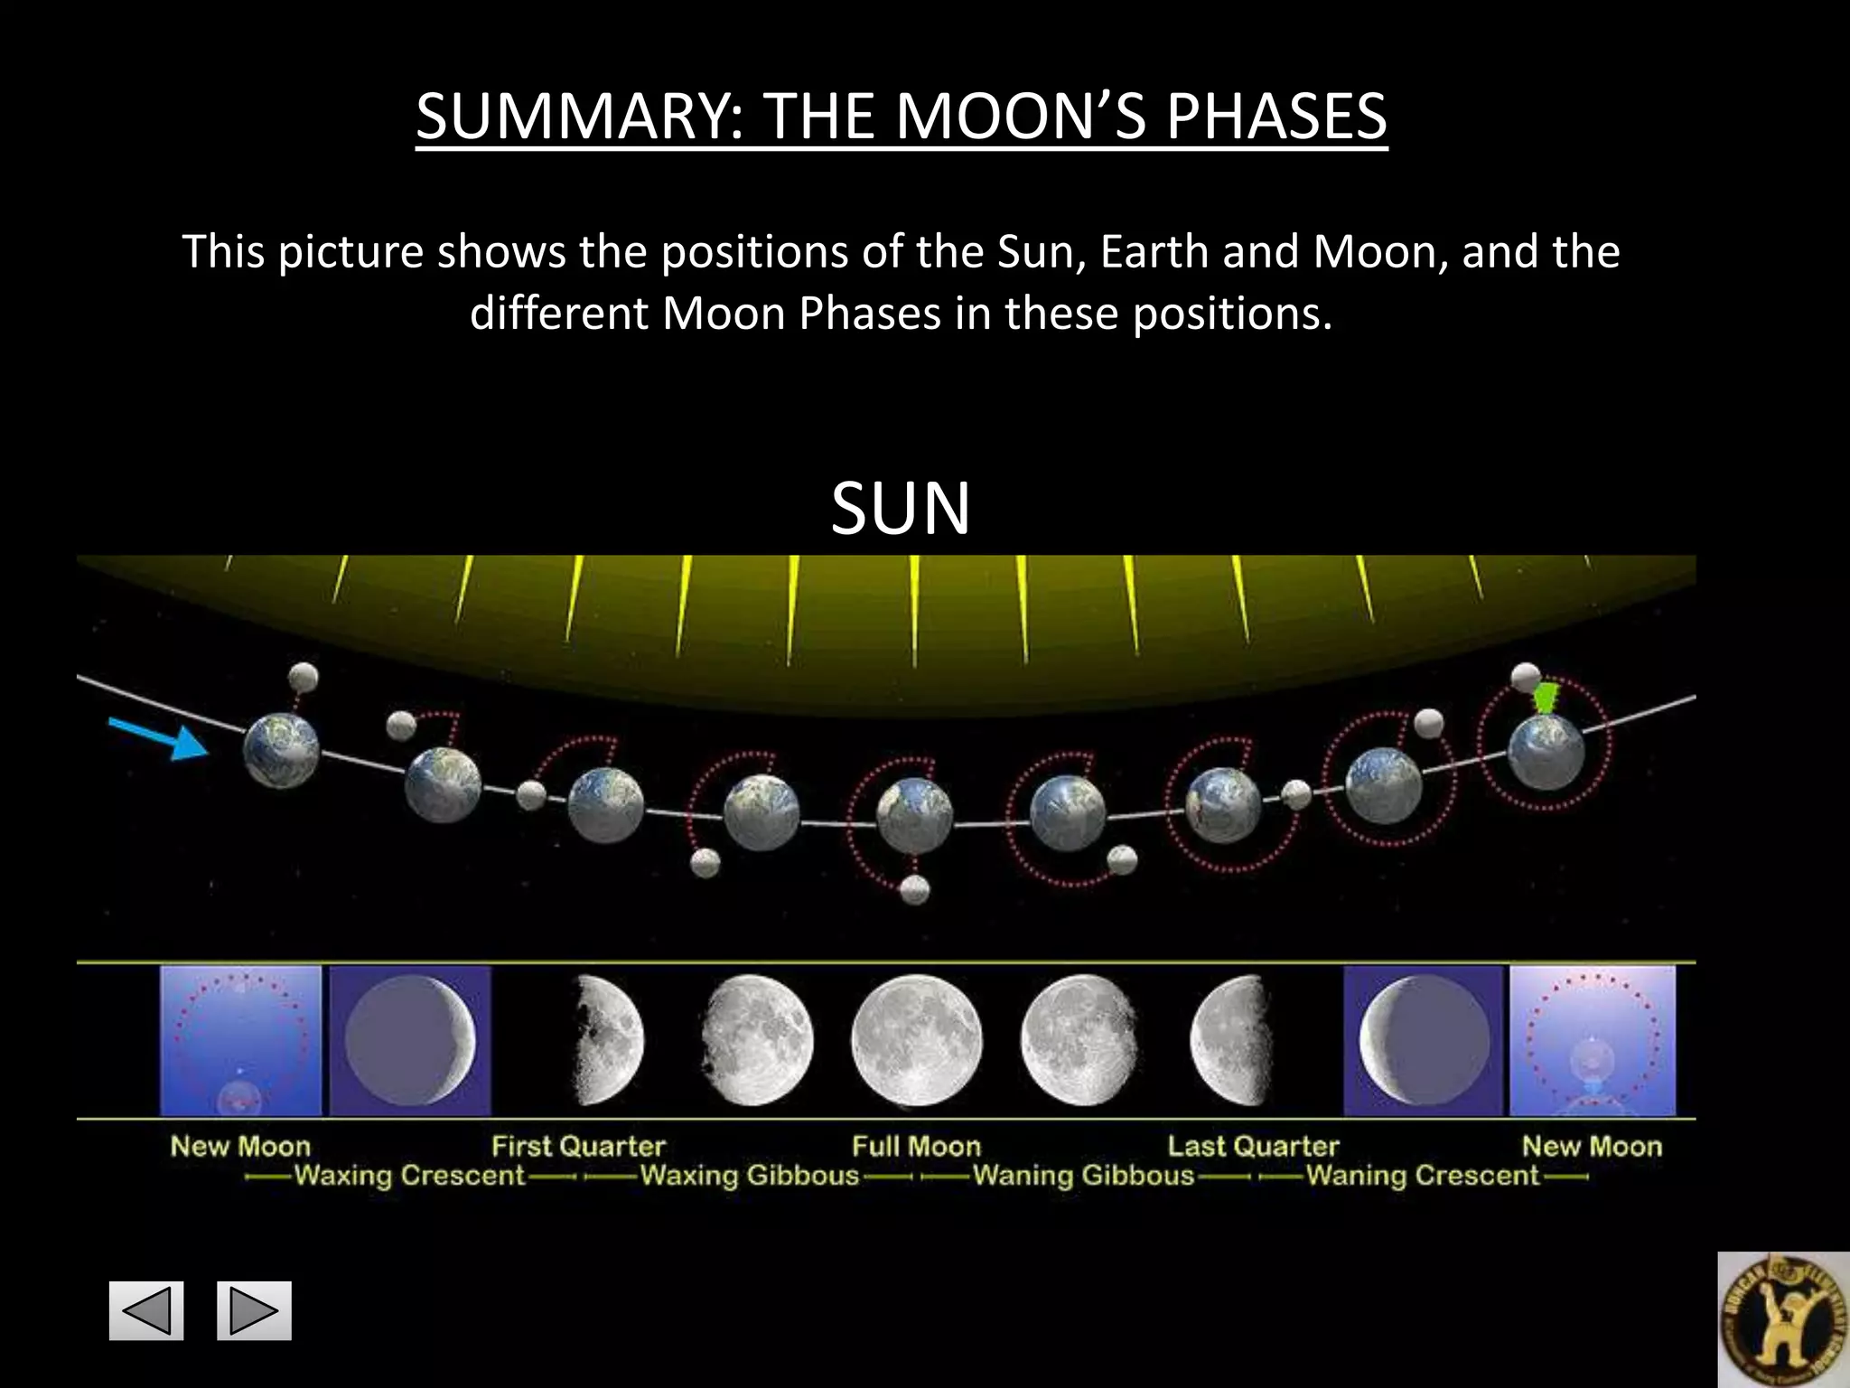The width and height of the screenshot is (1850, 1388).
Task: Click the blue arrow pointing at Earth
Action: tap(159, 738)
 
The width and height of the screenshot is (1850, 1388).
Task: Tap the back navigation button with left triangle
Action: tap(146, 1310)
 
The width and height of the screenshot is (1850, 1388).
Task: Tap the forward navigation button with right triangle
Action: tap(254, 1310)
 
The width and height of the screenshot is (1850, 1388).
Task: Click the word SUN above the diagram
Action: tap(901, 508)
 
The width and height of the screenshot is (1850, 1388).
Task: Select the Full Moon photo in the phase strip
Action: tap(916, 1040)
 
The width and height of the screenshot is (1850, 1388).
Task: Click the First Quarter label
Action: tap(578, 1146)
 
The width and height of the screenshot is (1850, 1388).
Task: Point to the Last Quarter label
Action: tap(1253, 1146)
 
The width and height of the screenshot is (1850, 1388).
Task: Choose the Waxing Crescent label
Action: tap(409, 1176)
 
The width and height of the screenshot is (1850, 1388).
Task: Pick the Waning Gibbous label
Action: tap(1083, 1176)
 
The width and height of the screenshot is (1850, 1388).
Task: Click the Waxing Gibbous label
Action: tap(750, 1176)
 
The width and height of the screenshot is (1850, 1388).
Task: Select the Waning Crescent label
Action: tap(1422, 1176)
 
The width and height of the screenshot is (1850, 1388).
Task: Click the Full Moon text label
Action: tap(916, 1146)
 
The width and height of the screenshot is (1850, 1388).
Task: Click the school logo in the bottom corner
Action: tap(1782, 1319)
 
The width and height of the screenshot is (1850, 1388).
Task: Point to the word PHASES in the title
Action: tap(1275, 117)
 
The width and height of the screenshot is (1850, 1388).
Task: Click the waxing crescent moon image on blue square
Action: tap(410, 1040)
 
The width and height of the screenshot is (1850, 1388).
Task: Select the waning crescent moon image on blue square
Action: tap(1424, 1040)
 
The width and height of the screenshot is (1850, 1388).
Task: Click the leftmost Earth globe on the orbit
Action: tap(281, 750)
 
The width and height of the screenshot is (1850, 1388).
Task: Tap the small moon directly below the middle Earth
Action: tap(915, 890)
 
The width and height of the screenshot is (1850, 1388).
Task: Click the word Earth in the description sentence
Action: tap(1154, 251)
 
